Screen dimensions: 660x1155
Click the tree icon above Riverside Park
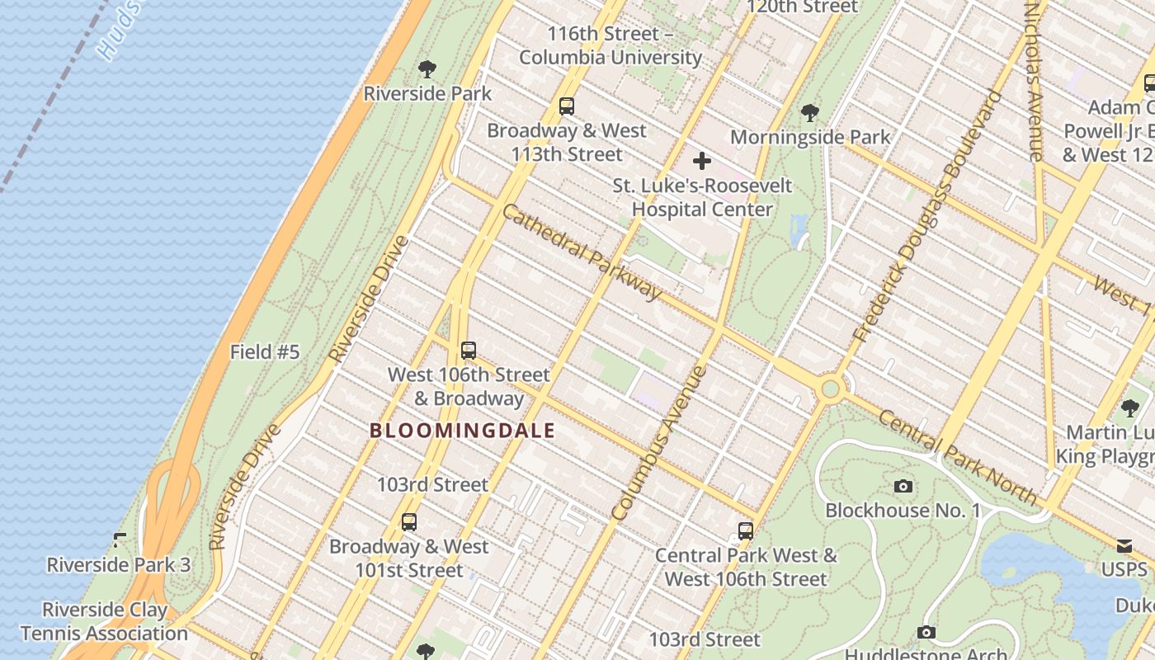pos(427,68)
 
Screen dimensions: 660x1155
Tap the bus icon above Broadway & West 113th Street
pos(566,106)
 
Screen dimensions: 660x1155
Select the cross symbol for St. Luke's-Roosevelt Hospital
pos(701,160)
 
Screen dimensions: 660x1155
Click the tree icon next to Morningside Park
pos(809,112)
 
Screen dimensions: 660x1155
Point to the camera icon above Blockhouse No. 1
pos(903,486)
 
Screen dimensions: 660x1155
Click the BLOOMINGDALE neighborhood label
pos(462,431)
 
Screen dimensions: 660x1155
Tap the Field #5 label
pos(264,352)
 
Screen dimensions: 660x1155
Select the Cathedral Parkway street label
pos(582,252)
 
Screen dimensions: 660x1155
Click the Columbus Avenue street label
pos(659,443)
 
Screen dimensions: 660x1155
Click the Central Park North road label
pos(957,456)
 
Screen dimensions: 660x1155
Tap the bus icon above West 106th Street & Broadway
pos(469,350)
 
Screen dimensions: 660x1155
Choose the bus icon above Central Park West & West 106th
pos(746,530)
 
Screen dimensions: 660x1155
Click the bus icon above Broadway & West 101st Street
pos(408,521)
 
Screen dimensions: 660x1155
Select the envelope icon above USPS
pos(1124,545)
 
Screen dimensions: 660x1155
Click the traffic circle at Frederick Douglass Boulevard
pos(831,388)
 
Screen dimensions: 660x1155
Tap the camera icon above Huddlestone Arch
pos(926,632)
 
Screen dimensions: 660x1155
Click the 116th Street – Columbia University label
pos(610,45)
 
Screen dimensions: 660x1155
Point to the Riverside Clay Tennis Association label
pos(104,621)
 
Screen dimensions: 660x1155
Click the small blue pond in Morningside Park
pos(798,231)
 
